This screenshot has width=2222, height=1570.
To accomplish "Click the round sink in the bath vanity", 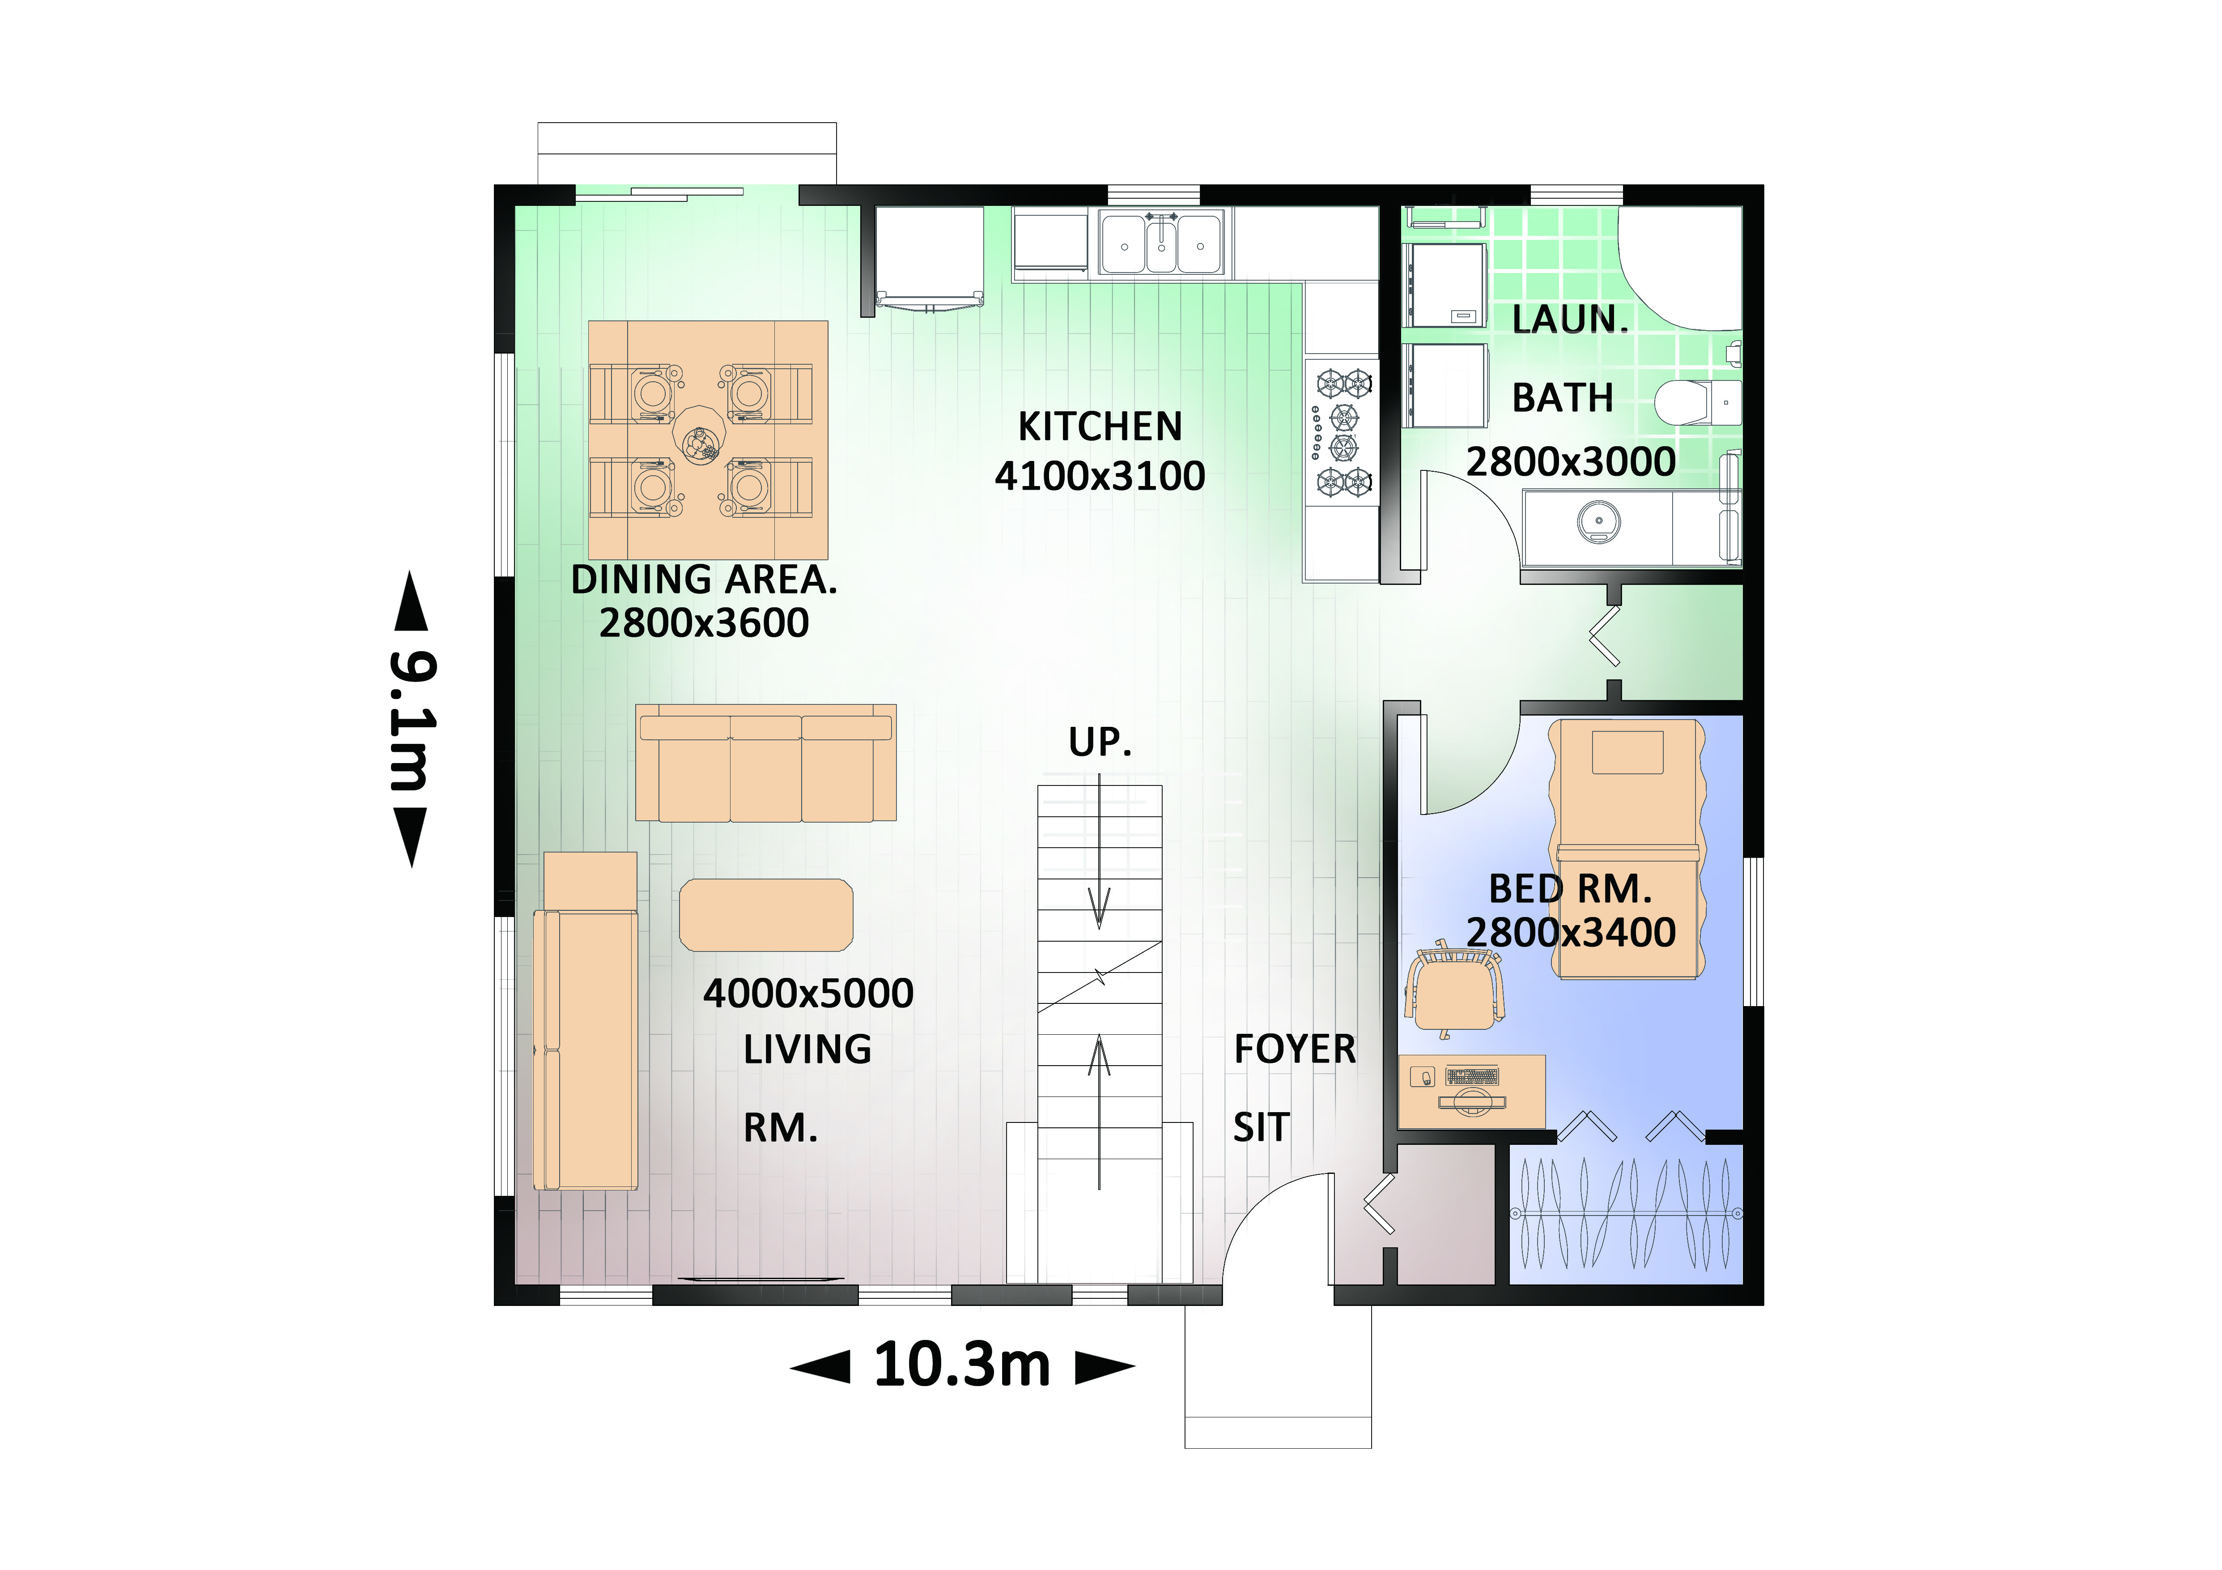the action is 1599,523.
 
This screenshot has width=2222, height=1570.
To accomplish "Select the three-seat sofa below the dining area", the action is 765,764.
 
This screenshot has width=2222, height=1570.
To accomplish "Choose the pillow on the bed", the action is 1628,752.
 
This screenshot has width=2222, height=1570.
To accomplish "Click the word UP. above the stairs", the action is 1100,742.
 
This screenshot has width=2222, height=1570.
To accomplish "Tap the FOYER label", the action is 1295,1049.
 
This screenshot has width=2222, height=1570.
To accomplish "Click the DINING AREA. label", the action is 704,580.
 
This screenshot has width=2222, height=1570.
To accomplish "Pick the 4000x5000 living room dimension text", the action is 808,993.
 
